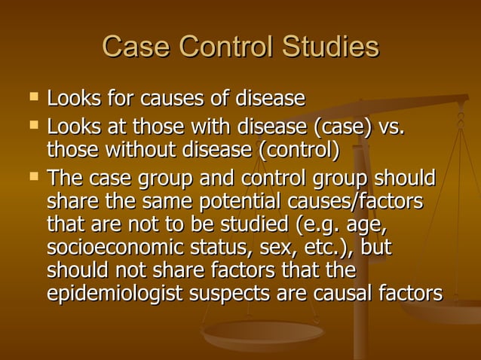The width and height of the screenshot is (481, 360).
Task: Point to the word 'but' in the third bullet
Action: pyautogui.click(x=375, y=248)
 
